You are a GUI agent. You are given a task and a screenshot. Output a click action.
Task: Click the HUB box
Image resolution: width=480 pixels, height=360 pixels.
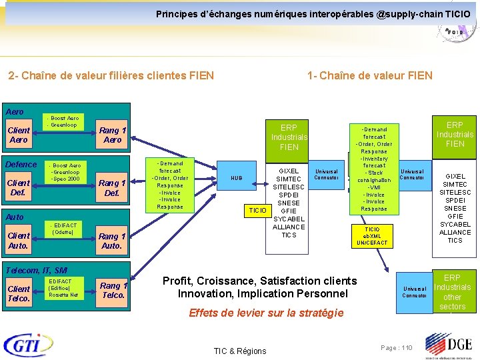pyautogui.click(x=237, y=178)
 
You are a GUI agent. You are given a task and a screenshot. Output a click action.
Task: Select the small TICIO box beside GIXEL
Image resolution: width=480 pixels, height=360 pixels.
pyautogui.click(x=257, y=211)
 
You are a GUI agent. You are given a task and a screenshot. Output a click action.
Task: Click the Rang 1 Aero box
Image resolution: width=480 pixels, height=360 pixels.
pyautogui.click(x=112, y=135)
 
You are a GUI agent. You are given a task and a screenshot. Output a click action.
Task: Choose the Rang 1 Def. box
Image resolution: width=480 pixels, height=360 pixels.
pyautogui.click(x=112, y=188)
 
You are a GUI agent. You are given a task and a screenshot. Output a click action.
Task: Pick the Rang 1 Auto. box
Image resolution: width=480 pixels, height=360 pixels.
pyautogui.click(x=111, y=241)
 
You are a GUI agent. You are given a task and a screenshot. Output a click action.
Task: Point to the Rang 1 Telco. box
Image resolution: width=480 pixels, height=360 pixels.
pyautogui.click(x=113, y=291)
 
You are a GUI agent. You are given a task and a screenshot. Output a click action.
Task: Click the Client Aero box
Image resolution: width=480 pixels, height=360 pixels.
pyautogui.click(x=19, y=135)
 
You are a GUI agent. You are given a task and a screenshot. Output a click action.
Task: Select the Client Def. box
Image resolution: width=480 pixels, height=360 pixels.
pyautogui.click(x=19, y=187)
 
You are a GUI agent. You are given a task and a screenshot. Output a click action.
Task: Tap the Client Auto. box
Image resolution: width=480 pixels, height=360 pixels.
pyautogui.click(x=19, y=241)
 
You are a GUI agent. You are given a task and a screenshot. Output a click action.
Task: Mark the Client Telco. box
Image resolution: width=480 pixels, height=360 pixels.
pyautogui.click(x=19, y=293)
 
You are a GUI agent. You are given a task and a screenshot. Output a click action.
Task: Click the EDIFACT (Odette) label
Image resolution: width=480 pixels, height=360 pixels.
pyautogui.click(x=65, y=229)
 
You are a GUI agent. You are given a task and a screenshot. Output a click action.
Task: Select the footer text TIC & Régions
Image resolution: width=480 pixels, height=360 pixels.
pyautogui.click(x=239, y=351)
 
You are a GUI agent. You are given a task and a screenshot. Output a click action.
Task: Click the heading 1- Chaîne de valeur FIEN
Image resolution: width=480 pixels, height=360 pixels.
pyautogui.click(x=370, y=75)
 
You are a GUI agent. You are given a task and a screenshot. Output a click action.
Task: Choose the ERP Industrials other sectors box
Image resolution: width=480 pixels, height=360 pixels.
pyautogui.click(x=452, y=292)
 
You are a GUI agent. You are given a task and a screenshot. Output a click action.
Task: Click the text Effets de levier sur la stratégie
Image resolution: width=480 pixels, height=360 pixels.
pyautogui.click(x=266, y=313)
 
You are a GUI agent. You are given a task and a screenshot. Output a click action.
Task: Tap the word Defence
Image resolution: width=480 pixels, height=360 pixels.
pyautogui.click(x=21, y=165)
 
